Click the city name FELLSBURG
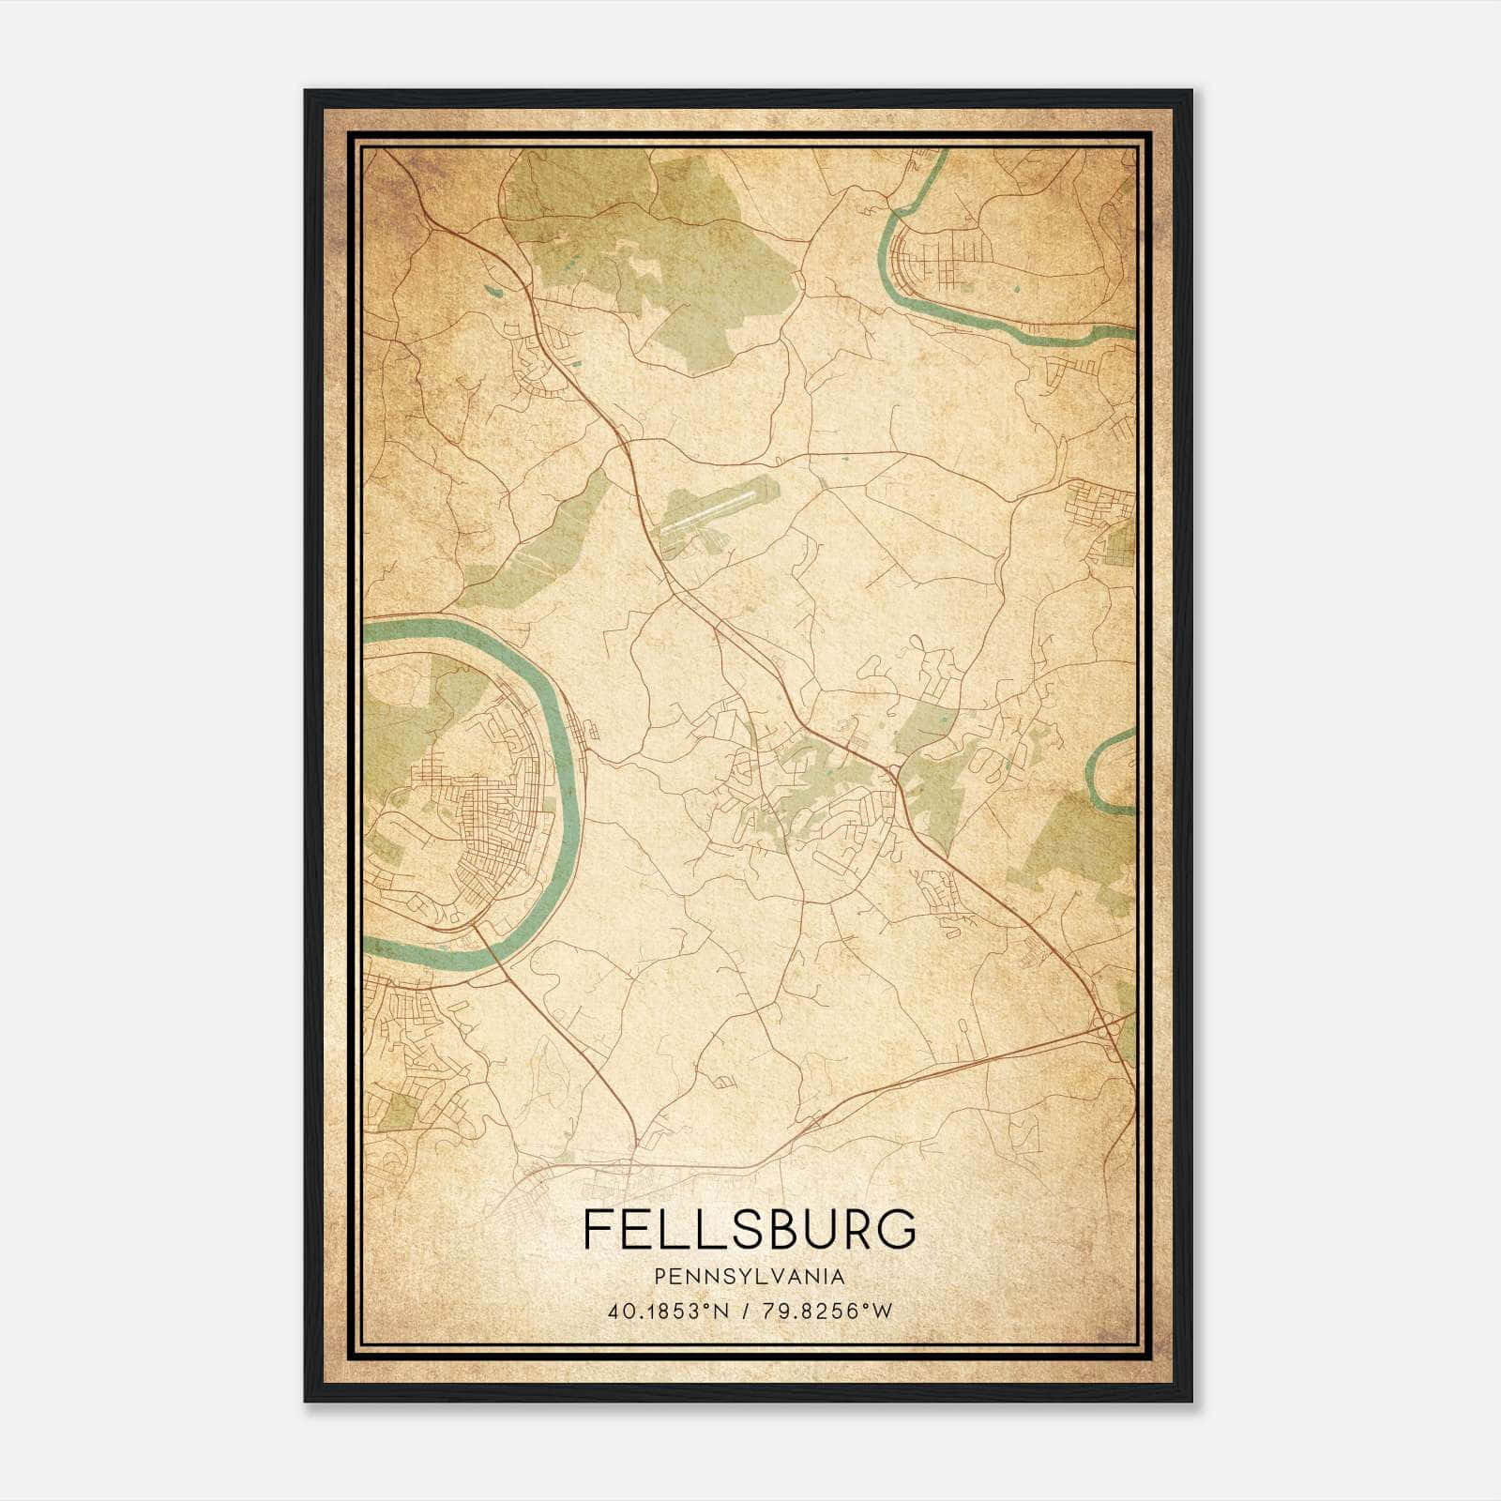(x=750, y=1229)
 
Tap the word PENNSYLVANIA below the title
(x=750, y=1277)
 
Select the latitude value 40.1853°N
(x=668, y=1311)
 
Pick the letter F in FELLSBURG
(x=597, y=1229)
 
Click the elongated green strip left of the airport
(x=544, y=544)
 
